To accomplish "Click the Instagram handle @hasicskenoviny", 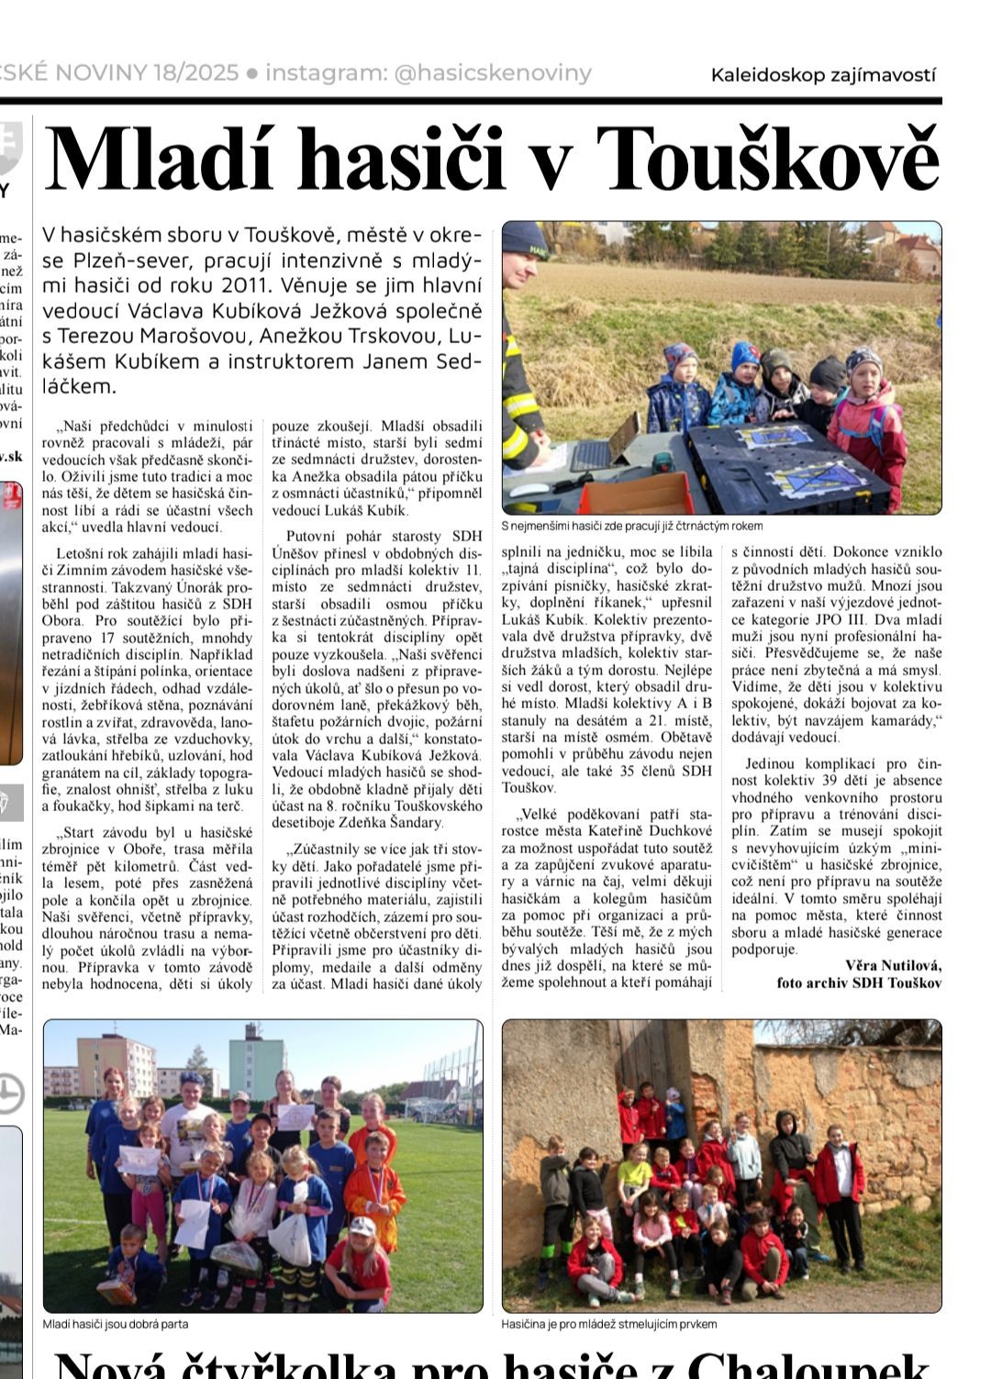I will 493,73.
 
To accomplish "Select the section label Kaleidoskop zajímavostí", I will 823,75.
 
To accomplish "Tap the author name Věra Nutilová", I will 893,964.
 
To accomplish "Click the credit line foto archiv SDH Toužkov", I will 859,982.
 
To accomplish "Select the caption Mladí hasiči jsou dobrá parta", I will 116,1324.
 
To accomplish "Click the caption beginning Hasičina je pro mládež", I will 609,1324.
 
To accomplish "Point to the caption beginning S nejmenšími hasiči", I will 632,526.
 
